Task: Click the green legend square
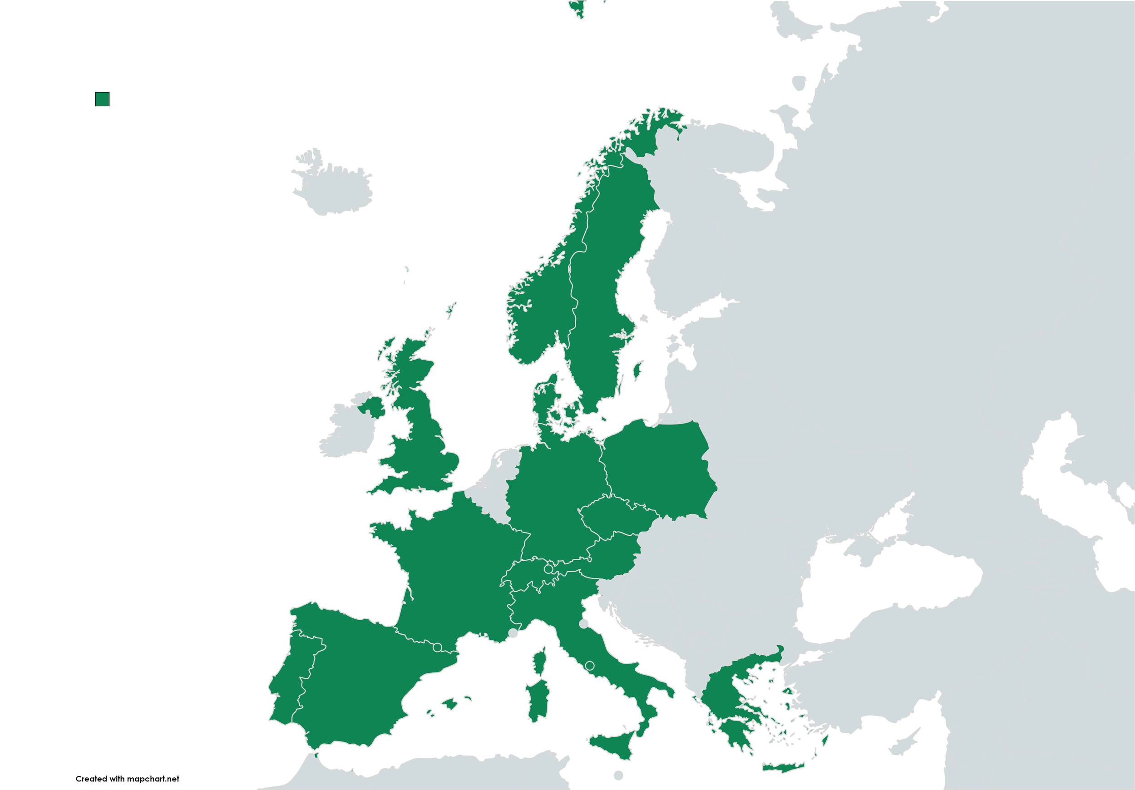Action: click(102, 99)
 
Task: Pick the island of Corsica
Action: click(540, 663)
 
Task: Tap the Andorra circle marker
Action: click(437, 647)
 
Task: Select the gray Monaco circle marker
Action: click(513, 633)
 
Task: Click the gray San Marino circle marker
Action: click(584, 624)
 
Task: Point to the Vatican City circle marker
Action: click(589, 666)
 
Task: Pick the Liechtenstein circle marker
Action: click(548, 569)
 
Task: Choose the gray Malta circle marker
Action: click(618, 775)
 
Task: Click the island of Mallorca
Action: click(450, 703)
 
